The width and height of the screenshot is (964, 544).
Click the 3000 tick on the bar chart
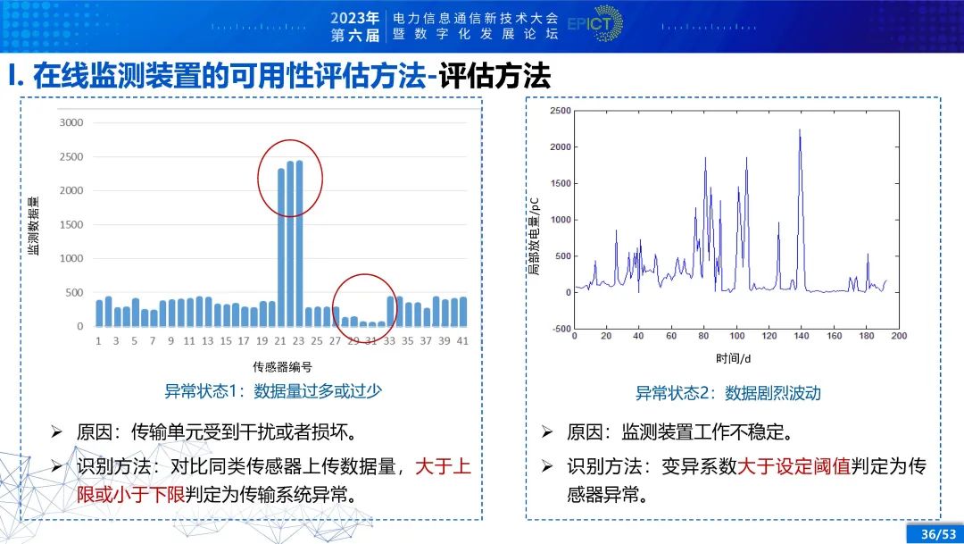click(71, 122)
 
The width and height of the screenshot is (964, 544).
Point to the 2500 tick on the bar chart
click(71, 156)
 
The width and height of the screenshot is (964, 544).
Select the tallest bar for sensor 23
click(299, 243)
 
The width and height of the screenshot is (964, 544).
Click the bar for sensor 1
click(99, 313)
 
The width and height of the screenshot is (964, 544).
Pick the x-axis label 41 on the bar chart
click(463, 341)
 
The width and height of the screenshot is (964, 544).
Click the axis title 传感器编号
click(282, 366)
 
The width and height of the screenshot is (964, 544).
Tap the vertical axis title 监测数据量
click(33, 226)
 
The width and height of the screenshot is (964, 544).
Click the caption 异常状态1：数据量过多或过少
click(273, 390)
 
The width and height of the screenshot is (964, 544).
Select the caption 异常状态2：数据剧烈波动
click(727, 392)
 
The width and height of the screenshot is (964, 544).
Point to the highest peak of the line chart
click(800, 130)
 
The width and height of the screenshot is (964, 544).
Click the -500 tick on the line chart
click(561, 329)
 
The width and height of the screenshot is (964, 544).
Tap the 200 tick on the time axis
click(898, 337)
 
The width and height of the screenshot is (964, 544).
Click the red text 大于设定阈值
click(795, 466)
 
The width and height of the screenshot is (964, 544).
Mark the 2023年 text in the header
click(355, 17)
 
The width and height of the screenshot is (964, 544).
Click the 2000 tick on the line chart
click(559, 146)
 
